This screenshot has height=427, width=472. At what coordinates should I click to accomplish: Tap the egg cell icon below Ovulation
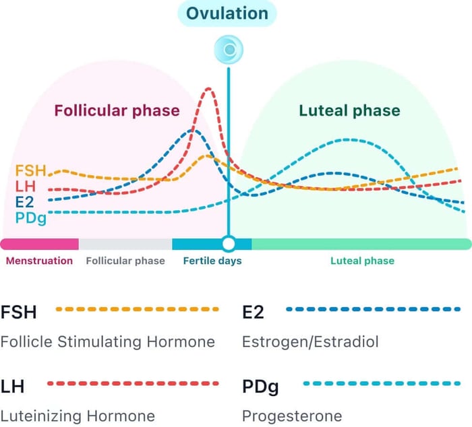(229, 50)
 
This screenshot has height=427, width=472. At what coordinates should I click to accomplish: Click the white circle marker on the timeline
(229, 243)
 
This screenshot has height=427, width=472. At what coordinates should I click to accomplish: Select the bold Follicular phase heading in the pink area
(117, 110)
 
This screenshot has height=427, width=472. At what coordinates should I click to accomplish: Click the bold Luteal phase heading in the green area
(349, 110)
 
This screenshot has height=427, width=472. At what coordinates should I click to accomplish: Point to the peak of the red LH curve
(209, 89)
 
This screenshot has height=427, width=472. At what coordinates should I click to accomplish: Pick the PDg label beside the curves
(30, 217)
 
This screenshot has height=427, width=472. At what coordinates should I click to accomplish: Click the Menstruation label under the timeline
(39, 261)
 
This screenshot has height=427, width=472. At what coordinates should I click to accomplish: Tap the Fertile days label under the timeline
(212, 261)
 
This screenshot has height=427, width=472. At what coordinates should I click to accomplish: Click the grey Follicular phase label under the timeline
(125, 261)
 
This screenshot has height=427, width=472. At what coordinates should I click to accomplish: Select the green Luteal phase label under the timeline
(362, 261)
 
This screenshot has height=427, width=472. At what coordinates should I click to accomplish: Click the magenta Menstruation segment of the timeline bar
(39, 243)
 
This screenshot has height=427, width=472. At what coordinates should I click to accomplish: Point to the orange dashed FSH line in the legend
(138, 310)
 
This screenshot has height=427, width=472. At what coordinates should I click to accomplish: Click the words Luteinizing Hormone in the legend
(78, 416)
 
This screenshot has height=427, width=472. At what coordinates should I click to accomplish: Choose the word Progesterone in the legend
(292, 416)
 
